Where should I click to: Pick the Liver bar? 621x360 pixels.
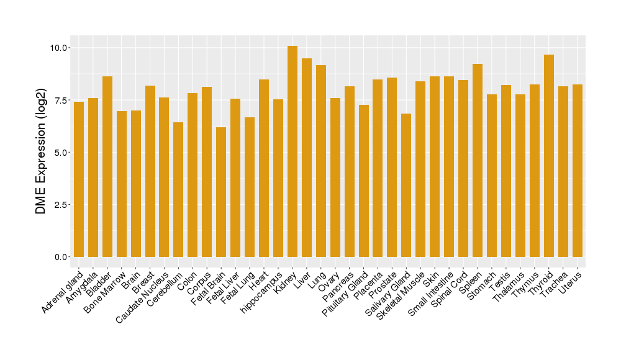tap(307, 158)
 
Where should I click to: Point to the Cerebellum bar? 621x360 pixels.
tap(178, 189)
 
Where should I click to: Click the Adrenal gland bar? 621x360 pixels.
tap(79, 179)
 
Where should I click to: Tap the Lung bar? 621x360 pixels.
tap(321, 161)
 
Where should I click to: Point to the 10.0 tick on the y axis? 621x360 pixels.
tap(61, 48)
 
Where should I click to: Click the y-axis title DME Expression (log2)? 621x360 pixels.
tap(41, 152)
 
